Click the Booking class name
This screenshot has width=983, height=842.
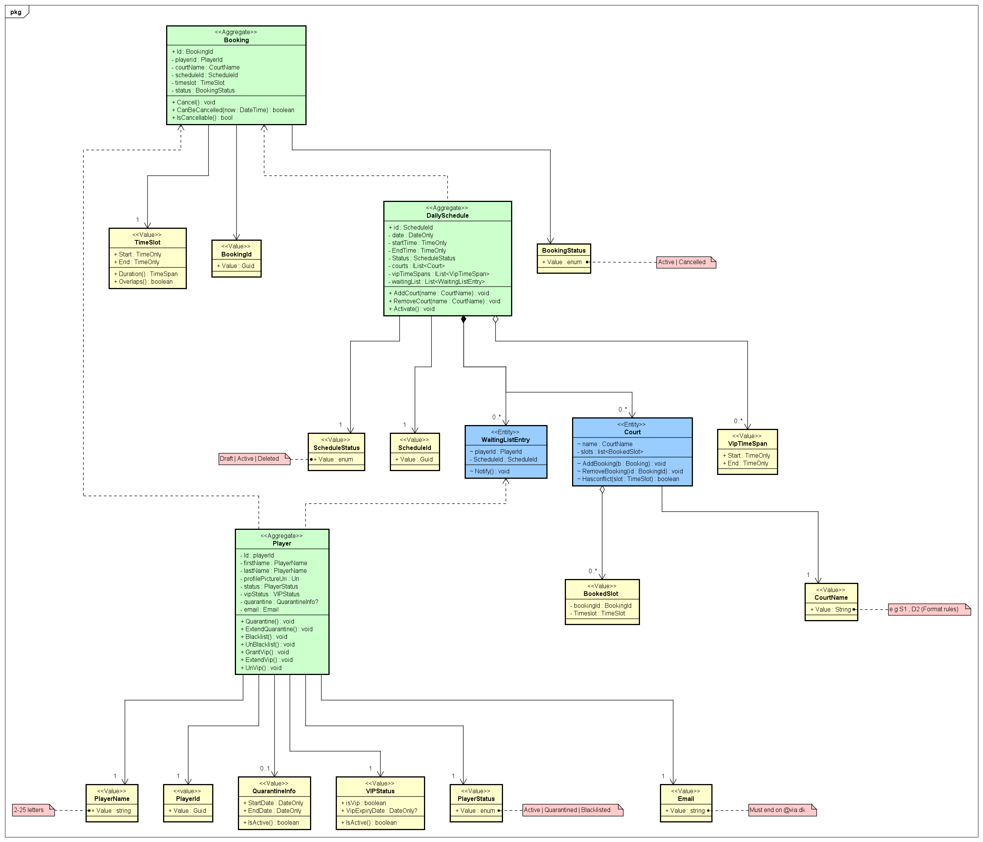[236, 40]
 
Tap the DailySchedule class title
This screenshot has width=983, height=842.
[447, 215]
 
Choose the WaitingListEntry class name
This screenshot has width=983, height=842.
[505, 440]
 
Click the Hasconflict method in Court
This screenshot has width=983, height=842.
[628, 479]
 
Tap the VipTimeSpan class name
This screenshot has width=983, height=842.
[747, 444]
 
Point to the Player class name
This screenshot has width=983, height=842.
[282, 543]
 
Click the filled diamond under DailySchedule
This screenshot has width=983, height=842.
[463, 319]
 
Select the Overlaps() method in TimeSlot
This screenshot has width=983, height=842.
[143, 281]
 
